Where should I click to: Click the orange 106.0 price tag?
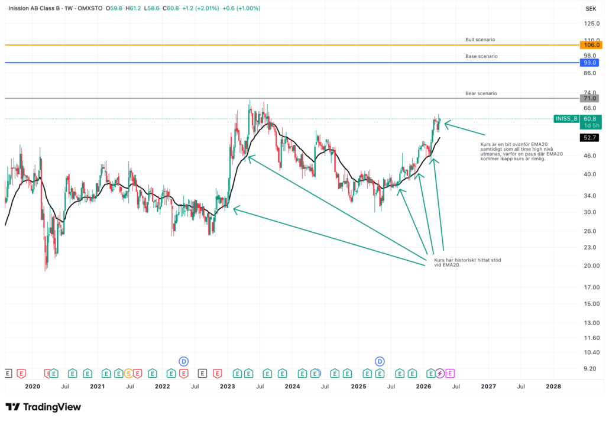pos(590,45)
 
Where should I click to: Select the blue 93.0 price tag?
pos(590,63)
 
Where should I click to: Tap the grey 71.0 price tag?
pos(590,98)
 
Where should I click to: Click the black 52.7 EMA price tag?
pos(590,137)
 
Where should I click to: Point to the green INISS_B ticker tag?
pos(565,119)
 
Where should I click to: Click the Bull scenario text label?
pos(480,40)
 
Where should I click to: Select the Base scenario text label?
pos(481,56)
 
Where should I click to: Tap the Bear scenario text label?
pos(481,93)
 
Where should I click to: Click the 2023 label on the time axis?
pos(227,386)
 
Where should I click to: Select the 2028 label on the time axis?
pos(553,386)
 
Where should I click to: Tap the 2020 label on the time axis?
pos(32,386)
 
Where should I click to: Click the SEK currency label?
pos(590,9)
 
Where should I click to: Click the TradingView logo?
pos(43,407)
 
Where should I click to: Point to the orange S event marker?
pos(128,373)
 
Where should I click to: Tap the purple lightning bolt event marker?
pos(440,373)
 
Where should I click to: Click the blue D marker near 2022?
pos(184,361)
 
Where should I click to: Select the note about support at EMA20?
pos(467,263)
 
